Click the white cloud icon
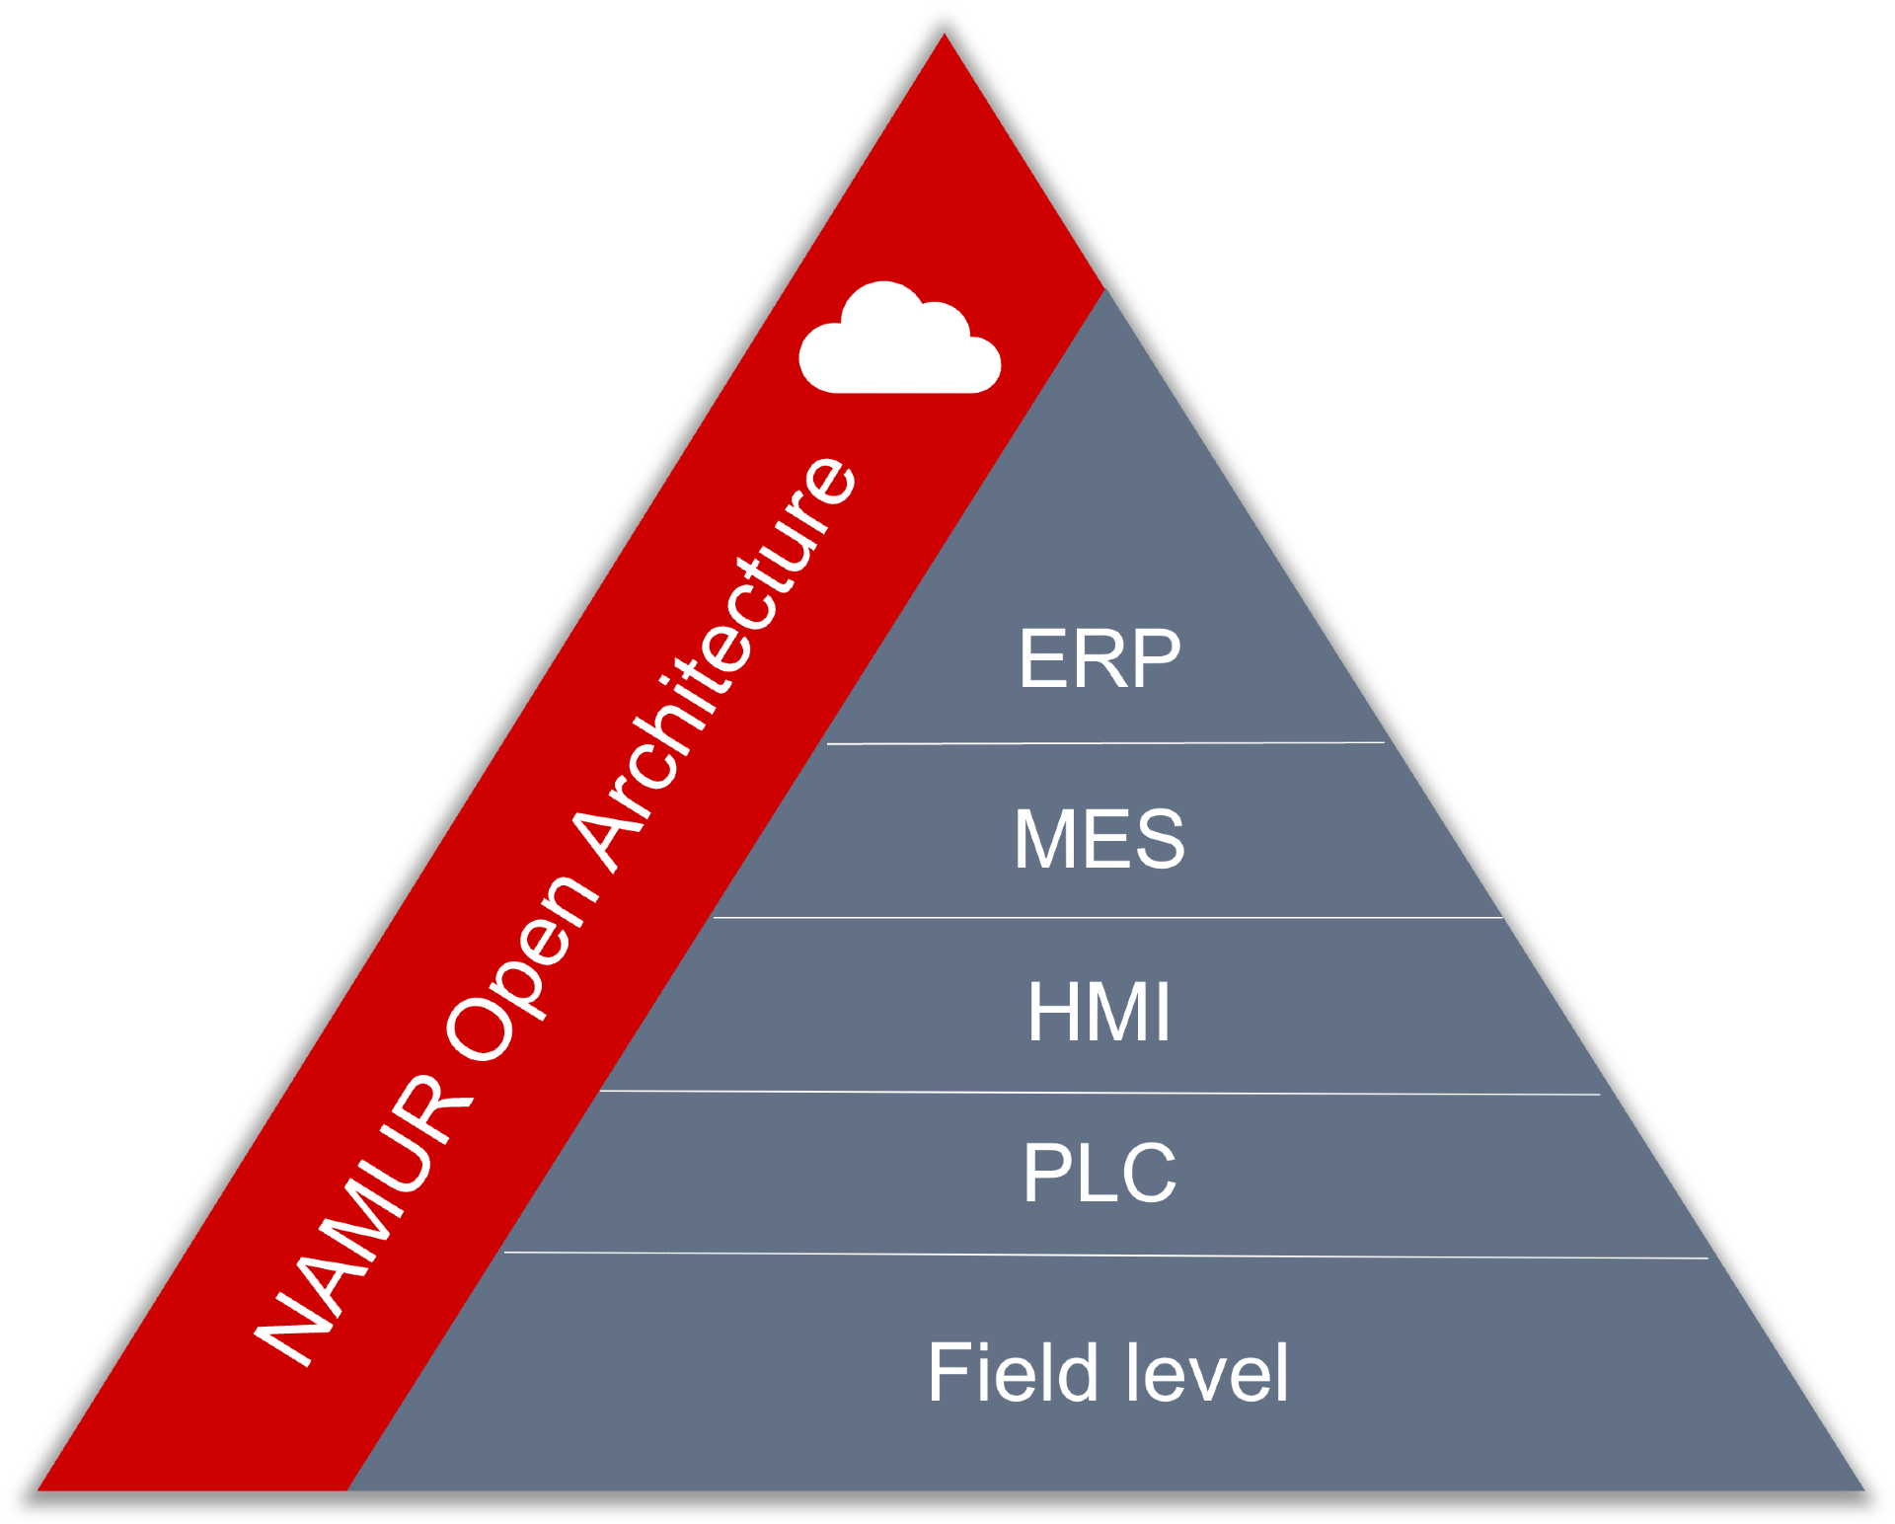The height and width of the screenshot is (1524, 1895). tap(900, 338)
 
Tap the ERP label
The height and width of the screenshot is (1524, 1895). tap(1099, 658)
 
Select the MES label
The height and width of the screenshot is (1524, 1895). tap(1099, 838)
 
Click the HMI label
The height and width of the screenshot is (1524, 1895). tap(1099, 1011)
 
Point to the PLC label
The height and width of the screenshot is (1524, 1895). tap(1099, 1172)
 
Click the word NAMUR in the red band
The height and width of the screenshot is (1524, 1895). tap(363, 1220)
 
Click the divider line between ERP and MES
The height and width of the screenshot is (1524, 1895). tap(1105, 743)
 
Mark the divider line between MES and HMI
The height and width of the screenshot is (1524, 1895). tap(1108, 918)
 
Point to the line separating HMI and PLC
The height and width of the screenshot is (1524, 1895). tap(1099, 1093)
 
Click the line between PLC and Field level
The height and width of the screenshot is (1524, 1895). tap(1105, 1256)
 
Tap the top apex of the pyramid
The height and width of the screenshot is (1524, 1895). tap(945, 34)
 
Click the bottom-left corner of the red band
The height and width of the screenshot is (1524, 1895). tap(38, 1489)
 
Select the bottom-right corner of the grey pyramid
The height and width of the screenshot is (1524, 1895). tap(1864, 1489)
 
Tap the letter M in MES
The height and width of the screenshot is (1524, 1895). tap(1044, 838)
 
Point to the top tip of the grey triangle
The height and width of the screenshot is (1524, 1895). tap(1105, 290)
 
